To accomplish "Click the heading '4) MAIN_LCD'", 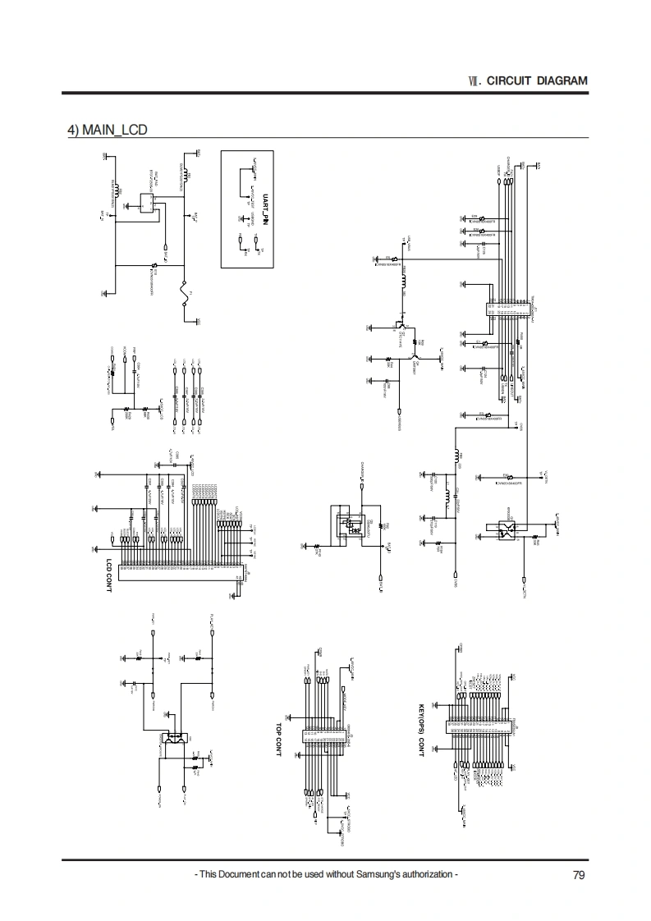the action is pyautogui.click(x=107, y=129).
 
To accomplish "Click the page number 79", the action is pyautogui.click(x=579, y=874).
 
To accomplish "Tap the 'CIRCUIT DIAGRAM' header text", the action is pyautogui.click(x=537, y=80).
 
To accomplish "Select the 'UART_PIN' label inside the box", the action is pyautogui.click(x=265, y=211).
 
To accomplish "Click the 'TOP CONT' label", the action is pyautogui.click(x=279, y=739).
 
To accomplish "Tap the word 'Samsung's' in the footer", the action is pyautogui.click(x=373, y=874).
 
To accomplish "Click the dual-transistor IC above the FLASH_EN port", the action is pyautogui.click(x=175, y=738).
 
